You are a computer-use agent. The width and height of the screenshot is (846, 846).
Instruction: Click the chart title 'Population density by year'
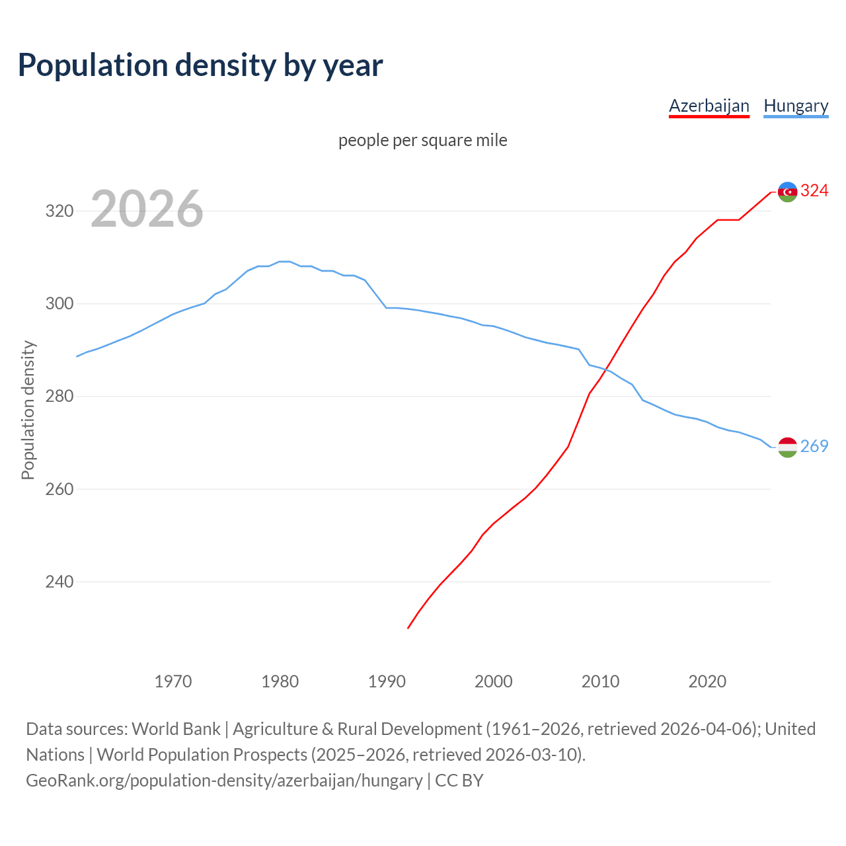click(200, 65)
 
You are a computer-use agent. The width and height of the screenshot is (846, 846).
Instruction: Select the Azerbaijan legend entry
click(709, 106)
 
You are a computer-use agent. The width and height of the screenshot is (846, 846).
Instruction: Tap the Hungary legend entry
click(796, 106)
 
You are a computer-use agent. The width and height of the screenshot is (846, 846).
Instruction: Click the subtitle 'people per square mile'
click(423, 140)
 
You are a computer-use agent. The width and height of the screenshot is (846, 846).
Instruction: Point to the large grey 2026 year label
click(147, 209)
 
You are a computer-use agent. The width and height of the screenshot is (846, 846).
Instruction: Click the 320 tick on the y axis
click(59, 211)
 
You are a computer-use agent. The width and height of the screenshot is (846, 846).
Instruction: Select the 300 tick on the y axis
click(59, 304)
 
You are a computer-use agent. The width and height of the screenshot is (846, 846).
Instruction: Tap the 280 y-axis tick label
click(59, 397)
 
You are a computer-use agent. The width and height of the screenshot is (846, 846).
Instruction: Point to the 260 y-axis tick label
click(59, 490)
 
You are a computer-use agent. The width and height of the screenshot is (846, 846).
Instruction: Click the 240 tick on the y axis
click(59, 582)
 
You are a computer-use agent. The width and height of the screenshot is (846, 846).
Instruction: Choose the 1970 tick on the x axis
click(173, 681)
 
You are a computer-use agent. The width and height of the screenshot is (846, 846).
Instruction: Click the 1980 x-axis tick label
click(280, 681)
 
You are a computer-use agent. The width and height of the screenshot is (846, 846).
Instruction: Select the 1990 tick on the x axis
click(387, 681)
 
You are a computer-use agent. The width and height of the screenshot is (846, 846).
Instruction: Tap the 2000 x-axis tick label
click(494, 681)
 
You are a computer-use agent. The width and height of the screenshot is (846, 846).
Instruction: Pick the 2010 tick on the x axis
click(600, 681)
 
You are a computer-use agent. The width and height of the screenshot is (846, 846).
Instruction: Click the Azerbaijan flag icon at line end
click(787, 192)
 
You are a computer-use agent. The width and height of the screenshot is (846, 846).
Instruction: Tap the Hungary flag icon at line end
click(787, 447)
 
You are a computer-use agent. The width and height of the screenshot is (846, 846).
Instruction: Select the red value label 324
click(814, 191)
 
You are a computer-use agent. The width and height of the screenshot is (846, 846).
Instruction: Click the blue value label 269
click(814, 447)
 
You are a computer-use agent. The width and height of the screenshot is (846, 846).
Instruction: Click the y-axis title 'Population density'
click(28, 410)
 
